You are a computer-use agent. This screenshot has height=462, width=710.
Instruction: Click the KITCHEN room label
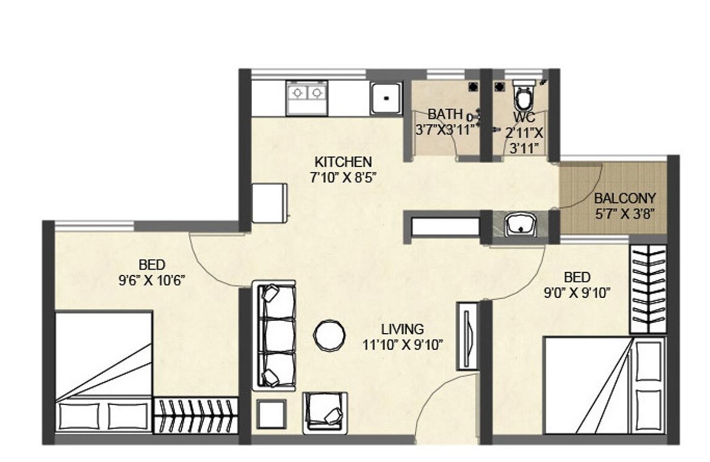click(x=343, y=162)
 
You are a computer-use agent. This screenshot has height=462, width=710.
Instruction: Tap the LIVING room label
click(x=403, y=329)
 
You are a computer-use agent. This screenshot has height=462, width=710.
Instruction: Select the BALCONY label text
click(x=625, y=199)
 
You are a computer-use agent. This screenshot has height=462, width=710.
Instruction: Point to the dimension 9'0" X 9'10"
click(x=577, y=292)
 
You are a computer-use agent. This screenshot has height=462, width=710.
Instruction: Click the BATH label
click(x=445, y=114)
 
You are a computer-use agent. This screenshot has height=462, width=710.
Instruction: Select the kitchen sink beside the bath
click(x=386, y=97)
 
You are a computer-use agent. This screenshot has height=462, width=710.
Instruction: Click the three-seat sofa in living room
click(x=273, y=335)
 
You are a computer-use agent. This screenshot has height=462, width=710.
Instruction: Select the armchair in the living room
click(x=325, y=412)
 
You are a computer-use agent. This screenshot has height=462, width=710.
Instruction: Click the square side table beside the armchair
click(x=270, y=415)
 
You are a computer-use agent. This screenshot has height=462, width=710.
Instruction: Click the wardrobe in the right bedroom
click(x=648, y=289)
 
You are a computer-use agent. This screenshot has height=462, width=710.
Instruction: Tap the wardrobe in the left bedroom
click(x=195, y=415)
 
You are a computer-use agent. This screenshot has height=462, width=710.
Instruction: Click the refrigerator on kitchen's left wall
click(x=269, y=202)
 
